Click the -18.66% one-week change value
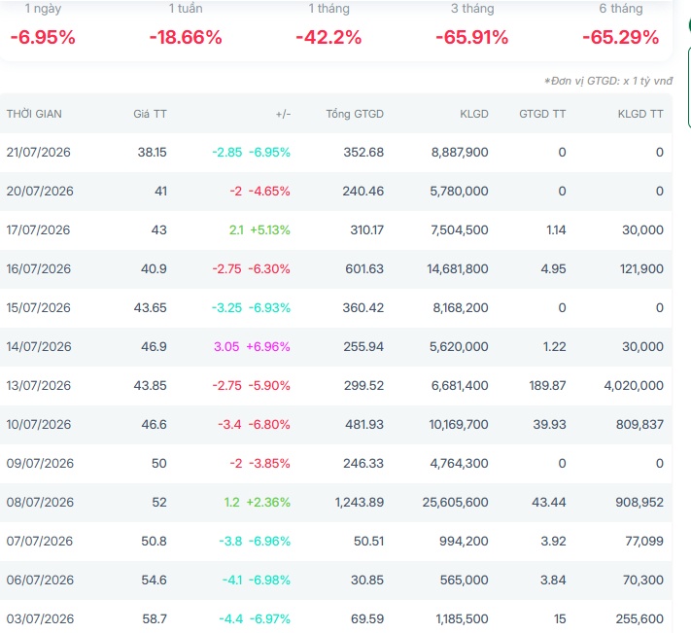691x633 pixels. [186, 37]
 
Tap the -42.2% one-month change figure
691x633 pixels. [328, 37]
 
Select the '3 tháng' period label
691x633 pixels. [472, 9]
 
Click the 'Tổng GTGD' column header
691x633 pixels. [355, 114]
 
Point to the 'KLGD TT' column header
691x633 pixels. [640, 114]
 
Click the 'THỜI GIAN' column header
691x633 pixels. [34, 114]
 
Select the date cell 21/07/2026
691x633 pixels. [38, 152]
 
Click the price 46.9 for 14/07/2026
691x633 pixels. [154, 346]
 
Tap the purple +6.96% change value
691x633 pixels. [268, 346]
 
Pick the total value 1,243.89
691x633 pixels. [360, 502]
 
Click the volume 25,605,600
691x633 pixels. [455, 502]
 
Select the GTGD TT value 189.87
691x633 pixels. [547, 385]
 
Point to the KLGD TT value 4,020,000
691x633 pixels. [634, 385]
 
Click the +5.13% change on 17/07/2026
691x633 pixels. [270, 229]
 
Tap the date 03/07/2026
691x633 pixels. [40, 618]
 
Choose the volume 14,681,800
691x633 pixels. [458, 269]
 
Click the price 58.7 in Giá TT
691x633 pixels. [155, 618]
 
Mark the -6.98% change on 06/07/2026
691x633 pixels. [269, 580]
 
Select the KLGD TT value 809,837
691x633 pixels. [639, 425]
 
